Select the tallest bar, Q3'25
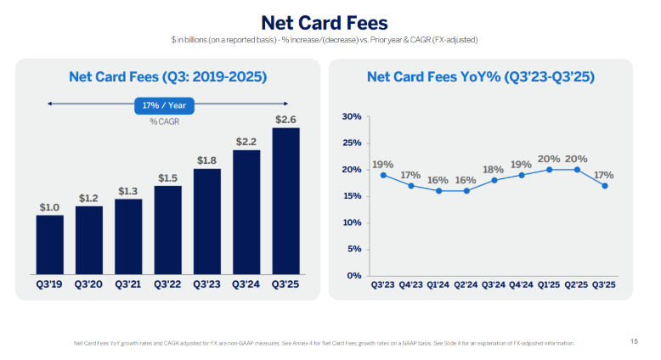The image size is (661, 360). click(285, 200)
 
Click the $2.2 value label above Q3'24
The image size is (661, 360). click(246, 141)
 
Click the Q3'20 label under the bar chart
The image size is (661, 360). click(88, 284)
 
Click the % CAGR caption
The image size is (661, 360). click(165, 121)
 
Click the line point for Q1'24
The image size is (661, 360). click(438, 190)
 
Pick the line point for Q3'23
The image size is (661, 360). click(383, 175)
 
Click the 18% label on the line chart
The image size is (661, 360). click(494, 168)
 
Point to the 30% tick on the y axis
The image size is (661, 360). click(351, 116)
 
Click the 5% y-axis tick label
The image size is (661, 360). click(353, 249)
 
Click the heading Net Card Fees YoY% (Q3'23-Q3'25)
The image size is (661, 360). click(480, 77)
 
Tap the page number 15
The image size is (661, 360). click(634, 341)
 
